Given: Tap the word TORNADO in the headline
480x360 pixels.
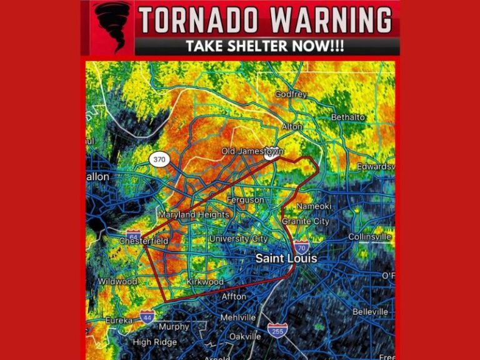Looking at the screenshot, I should [197, 21].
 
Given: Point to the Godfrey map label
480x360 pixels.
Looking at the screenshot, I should [291, 94].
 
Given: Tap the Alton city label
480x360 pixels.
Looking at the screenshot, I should [292, 126].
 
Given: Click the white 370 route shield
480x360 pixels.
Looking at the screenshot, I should [159, 160].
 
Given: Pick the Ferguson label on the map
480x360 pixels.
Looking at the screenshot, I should [245, 200].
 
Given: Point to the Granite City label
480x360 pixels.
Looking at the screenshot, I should [306, 221].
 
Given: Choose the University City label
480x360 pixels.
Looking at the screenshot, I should [238, 239].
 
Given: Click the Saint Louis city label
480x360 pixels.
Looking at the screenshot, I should [286, 258].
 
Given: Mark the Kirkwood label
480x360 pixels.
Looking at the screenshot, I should [205, 282].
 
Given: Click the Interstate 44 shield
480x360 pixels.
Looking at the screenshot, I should [147, 317].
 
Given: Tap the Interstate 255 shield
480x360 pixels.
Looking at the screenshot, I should [277, 330].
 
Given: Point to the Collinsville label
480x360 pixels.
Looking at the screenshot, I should [370, 237].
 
